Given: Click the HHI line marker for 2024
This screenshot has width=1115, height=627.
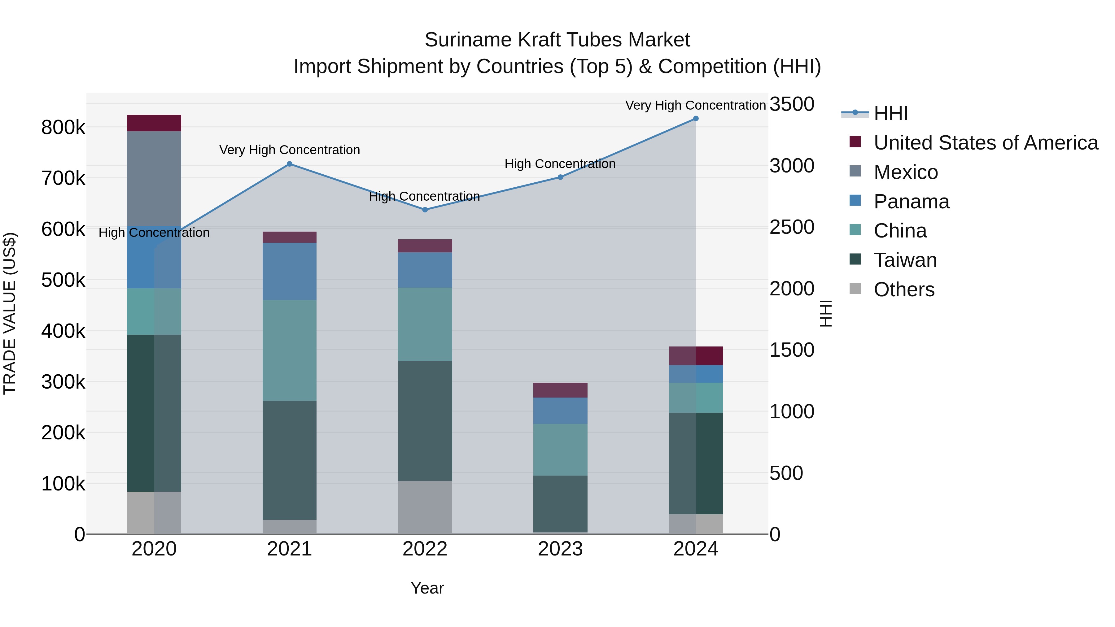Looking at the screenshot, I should point(696,119).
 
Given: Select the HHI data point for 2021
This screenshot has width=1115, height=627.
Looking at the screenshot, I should point(290,164).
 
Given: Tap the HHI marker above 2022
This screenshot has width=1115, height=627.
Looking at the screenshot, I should point(425,210).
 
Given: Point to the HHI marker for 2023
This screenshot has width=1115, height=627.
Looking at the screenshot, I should point(560,177).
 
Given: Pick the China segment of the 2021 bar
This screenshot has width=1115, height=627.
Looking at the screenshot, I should point(290,351).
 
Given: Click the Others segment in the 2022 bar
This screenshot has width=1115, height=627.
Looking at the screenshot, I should point(425,507).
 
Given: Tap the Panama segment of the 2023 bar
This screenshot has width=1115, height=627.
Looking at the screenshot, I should point(560,411).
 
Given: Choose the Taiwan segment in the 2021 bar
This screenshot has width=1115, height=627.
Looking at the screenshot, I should point(290,460).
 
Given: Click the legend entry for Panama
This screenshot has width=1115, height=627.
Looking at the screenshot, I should point(911,202).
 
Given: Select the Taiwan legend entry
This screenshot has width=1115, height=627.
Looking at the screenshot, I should point(905,260).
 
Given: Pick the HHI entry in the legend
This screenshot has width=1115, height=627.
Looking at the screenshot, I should point(890,113).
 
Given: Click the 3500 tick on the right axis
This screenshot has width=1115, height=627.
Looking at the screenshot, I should point(792,104).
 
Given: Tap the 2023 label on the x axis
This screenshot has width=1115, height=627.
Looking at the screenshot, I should point(560,549).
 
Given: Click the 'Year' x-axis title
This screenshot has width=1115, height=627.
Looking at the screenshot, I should point(427,588).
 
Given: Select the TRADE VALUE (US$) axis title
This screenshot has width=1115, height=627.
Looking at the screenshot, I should point(10,313).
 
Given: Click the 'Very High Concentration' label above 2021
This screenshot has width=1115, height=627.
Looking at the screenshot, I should point(290,150).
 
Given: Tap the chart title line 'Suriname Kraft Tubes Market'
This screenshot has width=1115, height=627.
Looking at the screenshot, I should point(557,40).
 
